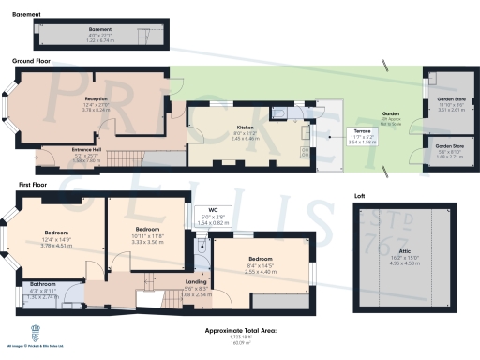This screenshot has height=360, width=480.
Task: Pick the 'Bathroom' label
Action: point(44,283)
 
